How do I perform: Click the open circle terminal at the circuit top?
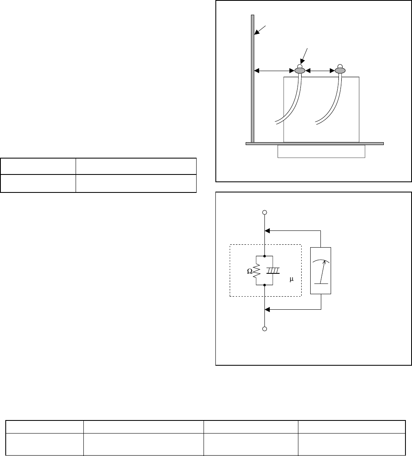point(265,212)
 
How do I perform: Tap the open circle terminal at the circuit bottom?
point(265,329)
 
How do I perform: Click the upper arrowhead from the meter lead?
point(268,230)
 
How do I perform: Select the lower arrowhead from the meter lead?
point(268,310)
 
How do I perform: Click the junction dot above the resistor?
point(265,256)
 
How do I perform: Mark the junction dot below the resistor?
point(265,286)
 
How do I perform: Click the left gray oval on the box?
point(300,71)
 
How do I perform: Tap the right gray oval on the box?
point(340,71)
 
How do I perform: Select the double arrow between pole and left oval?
point(274,71)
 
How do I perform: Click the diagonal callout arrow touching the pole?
point(260,30)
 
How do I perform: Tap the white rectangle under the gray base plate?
point(321,151)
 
